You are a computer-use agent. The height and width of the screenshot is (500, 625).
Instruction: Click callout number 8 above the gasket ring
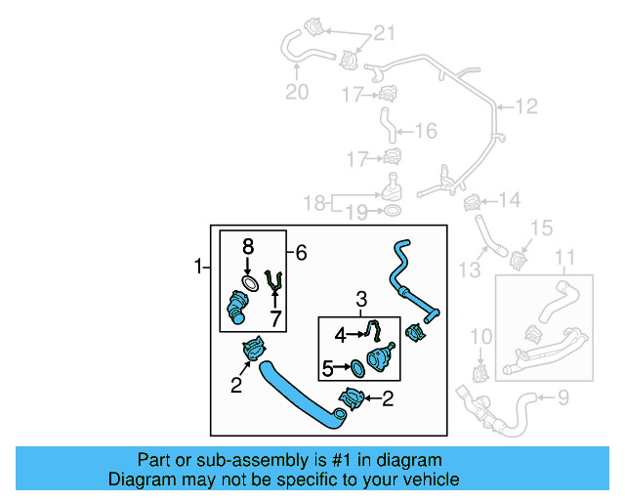(x=248, y=246)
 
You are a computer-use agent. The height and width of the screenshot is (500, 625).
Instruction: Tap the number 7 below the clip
(x=275, y=318)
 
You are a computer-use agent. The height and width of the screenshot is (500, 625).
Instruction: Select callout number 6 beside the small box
(x=301, y=252)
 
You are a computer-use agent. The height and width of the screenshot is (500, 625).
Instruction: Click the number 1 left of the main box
(x=198, y=266)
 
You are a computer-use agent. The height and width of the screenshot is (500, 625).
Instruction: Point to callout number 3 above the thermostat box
(x=361, y=299)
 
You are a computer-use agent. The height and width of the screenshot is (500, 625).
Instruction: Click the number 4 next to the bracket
(x=340, y=335)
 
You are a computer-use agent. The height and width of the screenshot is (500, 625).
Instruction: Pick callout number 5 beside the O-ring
(x=327, y=369)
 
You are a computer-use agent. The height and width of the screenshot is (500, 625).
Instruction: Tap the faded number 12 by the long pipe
(x=526, y=106)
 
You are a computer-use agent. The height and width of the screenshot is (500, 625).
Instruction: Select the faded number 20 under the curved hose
(x=297, y=92)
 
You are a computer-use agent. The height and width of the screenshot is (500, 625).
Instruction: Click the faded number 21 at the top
(x=384, y=32)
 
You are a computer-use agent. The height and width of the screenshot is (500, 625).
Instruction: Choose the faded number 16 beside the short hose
(x=426, y=131)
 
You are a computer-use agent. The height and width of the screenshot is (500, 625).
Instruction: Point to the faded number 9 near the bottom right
(x=562, y=397)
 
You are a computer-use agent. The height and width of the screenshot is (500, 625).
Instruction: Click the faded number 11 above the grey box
(x=564, y=257)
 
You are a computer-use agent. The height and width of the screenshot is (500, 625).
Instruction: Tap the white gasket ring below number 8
(x=250, y=283)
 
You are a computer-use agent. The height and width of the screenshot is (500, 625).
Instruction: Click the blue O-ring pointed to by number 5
(x=357, y=369)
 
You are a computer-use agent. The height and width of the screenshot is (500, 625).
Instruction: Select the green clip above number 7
(x=273, y=280)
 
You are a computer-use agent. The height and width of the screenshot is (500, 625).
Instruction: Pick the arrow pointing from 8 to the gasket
(x=248, y=266)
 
